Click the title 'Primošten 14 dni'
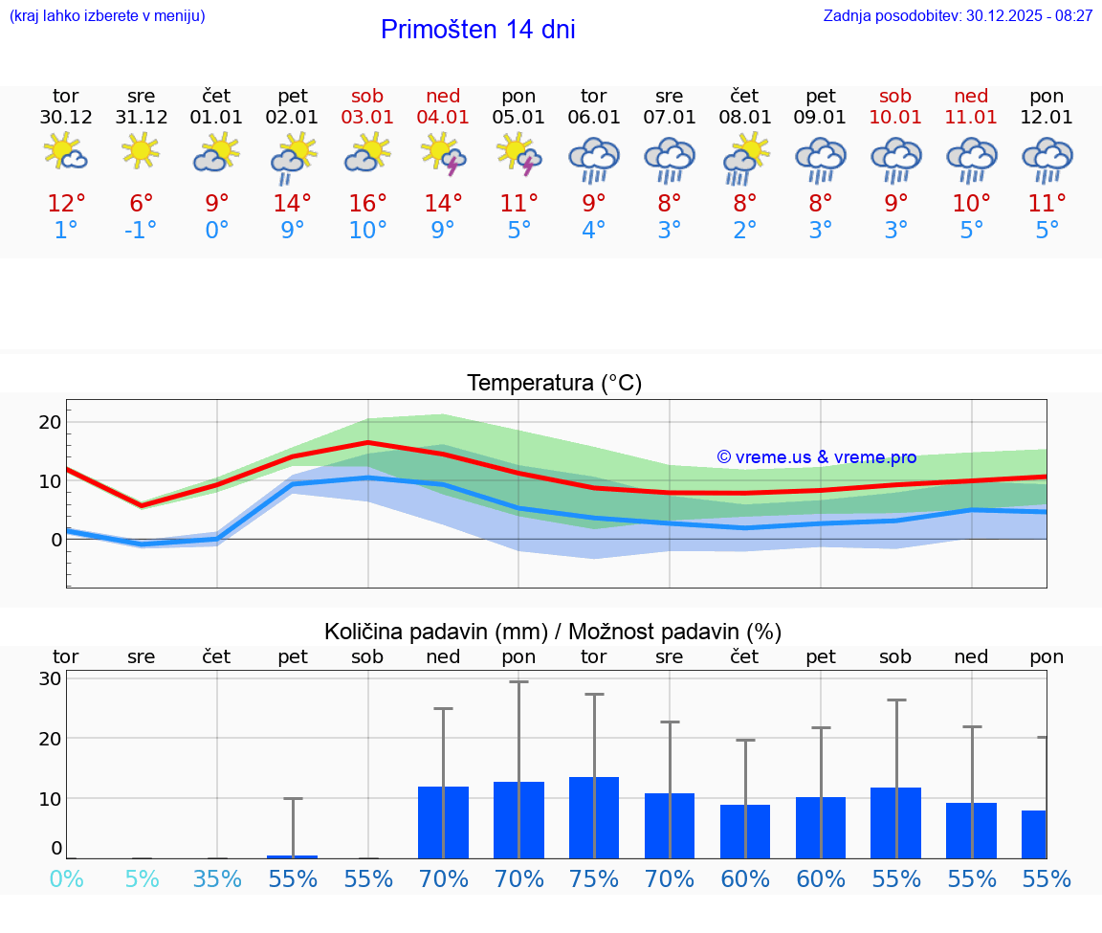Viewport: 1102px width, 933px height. [x=477, y=30]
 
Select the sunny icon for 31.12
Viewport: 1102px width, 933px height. [x=142, y=151]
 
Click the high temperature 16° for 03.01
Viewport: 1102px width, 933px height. [x=367, y=204]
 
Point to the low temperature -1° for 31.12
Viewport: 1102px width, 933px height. [x=141, y=231]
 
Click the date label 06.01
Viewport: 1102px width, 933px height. [x=594, y=118]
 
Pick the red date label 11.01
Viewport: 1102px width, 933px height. [x=971, y=118]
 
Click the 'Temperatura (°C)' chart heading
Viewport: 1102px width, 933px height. [x=554, y=384]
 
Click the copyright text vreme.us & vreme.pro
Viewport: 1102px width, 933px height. [x=816, y=457]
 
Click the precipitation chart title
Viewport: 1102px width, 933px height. [x=553, y=632]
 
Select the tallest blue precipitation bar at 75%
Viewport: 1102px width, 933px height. [x=594, y=817]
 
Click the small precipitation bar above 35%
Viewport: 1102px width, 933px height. [x=217, y=857]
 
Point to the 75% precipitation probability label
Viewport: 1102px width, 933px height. [x=594, y=879]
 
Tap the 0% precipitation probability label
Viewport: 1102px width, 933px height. [x=66, y=879]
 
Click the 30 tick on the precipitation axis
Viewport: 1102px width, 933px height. [x=50, y=678]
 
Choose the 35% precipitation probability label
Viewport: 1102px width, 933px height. [x=217, y=879]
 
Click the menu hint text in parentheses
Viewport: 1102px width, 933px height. [x=107, y=16]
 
